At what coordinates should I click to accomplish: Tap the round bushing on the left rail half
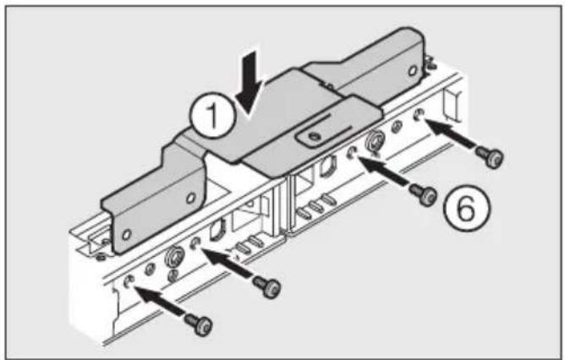(174, 257)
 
